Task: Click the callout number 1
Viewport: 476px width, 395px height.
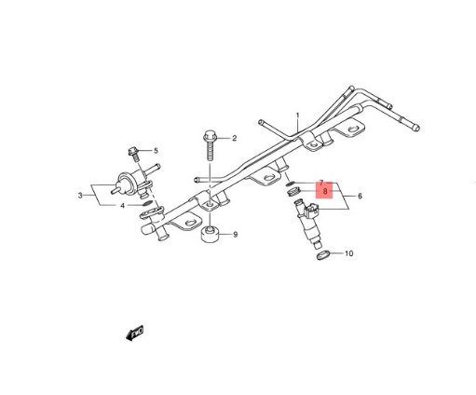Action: [x=298, y=117]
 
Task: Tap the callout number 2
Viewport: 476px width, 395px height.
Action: [x=234, y=139]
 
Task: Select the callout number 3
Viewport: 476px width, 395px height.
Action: [x=80, y=196]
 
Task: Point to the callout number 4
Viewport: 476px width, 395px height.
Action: [x=121, y=205]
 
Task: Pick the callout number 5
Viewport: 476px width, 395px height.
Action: [x=156, y=150]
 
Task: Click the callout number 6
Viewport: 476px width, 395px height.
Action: [x=359, y=197]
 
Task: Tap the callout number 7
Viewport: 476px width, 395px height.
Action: [x=320, y=184]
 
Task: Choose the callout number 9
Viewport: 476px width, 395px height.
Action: [x=235, y=234]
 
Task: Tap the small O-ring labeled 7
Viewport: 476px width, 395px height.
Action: [x=292, y=184]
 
